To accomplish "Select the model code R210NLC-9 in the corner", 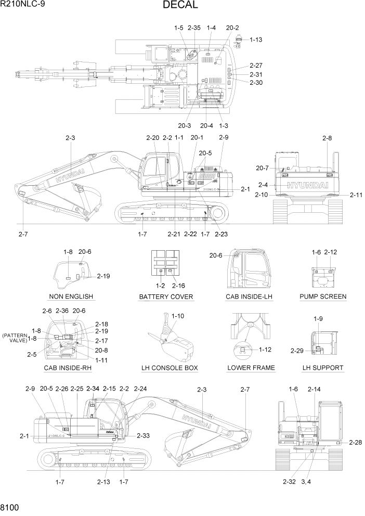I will coord(22,5).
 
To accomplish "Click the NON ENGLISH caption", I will coord(71,296).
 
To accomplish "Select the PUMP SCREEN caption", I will coord(323,296).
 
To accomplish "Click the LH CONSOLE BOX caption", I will coord(170,368).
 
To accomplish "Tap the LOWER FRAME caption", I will coord(251,368).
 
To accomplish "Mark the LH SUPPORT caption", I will coord(322,368).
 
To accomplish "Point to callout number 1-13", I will coord(256,40).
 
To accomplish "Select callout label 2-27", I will coord(256,66).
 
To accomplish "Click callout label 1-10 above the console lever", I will coord(177,316).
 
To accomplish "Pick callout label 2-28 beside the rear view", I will coord(356,442).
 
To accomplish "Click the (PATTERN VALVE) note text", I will coord(15,338).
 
